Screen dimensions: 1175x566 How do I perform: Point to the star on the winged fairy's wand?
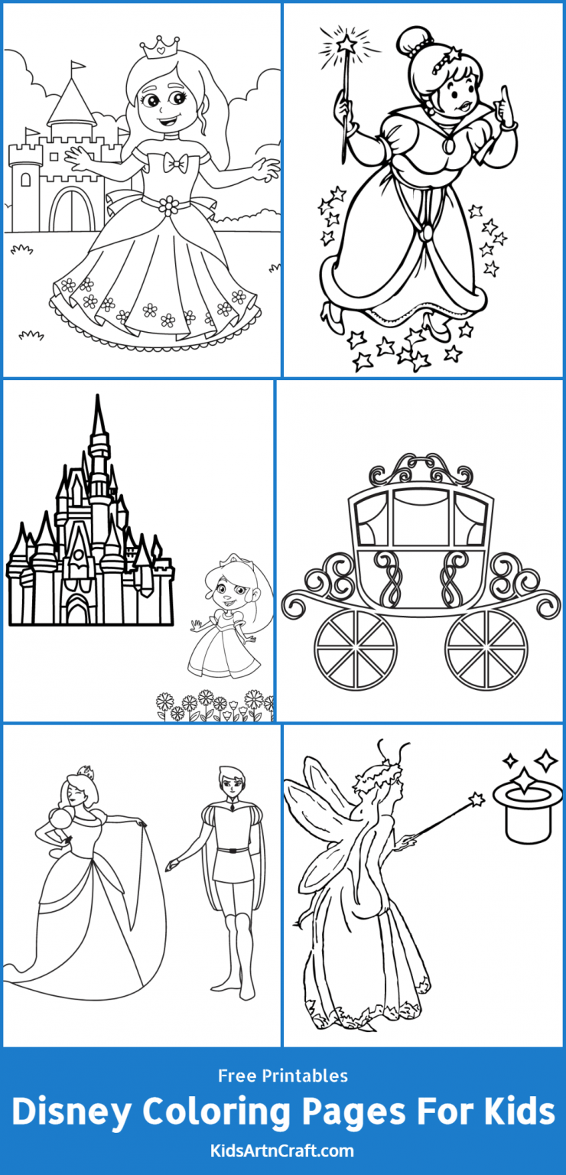tap(477, 799)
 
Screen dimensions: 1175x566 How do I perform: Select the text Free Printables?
tap(283, 1076)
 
